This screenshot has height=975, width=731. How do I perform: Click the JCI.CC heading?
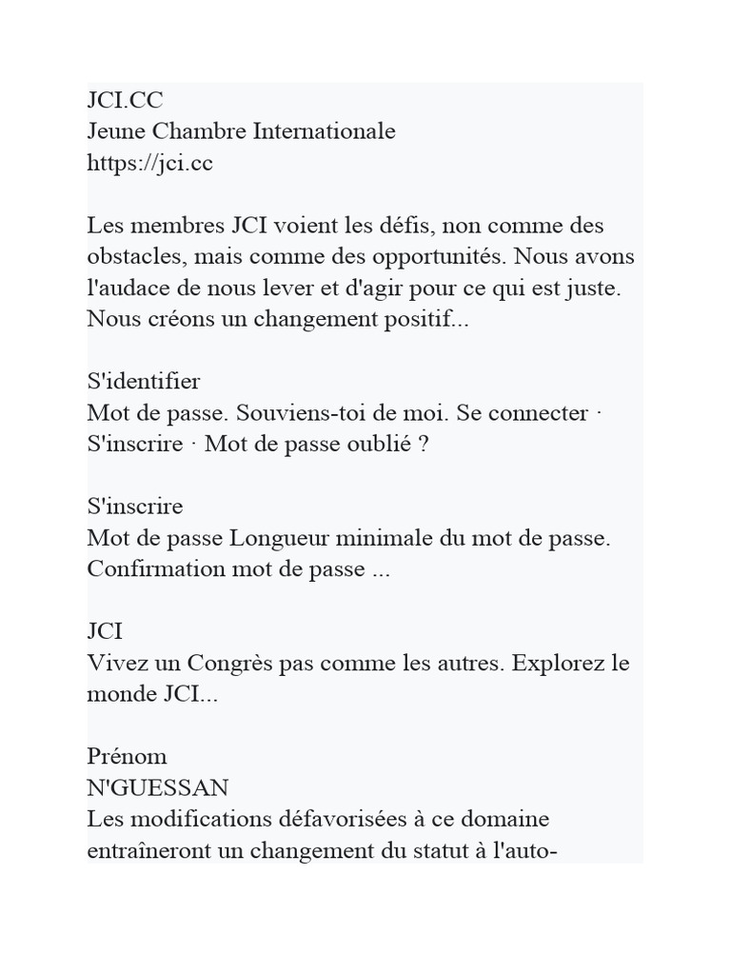coord(125,100)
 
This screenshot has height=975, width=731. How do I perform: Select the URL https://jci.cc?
coord(150,163)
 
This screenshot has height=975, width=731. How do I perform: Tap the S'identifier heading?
coord(144,382)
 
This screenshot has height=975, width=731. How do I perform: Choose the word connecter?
coord(545,413)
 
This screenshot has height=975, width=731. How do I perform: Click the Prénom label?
coord(128,757)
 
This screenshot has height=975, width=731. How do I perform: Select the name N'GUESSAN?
coord(158,788)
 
